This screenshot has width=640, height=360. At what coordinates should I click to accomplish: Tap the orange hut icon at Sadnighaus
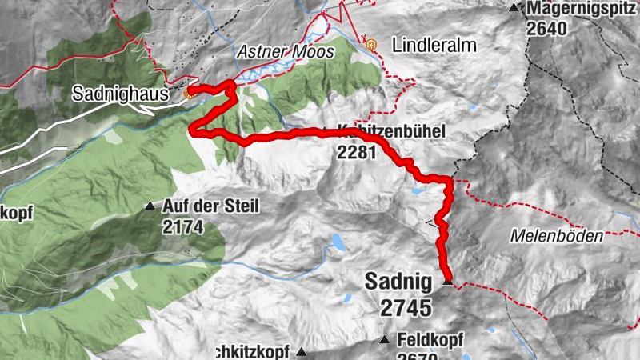188,93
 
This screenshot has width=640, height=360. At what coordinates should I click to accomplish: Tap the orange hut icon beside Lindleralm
370,44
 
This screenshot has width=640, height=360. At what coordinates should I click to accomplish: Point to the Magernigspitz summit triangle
514,8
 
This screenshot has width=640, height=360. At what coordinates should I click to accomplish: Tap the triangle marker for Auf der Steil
150,206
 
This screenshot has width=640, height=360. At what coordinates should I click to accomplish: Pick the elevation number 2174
182,227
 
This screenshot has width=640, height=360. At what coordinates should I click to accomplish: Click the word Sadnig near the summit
398,282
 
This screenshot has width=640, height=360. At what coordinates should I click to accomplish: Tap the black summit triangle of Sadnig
448,282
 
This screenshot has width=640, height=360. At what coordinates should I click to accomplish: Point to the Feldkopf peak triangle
385,340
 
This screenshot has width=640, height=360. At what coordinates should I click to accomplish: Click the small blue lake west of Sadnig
339,242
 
